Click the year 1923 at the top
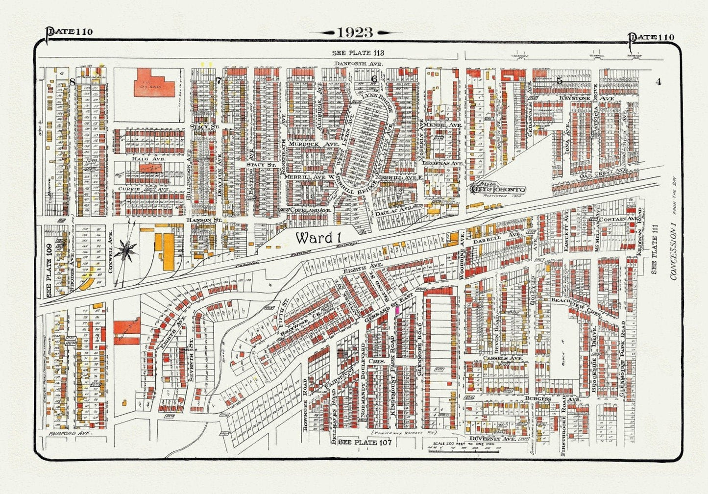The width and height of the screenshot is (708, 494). click(x=355, y=33)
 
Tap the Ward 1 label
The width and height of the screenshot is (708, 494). click(x=317, y=238)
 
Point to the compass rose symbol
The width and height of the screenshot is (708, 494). click(x=127, y=250)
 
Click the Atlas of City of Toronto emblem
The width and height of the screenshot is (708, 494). click(x=497, y=189)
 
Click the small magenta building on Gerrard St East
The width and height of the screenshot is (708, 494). click(x=398, y=310)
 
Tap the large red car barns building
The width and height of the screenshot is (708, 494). click(x=154, y=83)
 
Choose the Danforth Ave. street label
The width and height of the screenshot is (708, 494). click(x=358, y=64)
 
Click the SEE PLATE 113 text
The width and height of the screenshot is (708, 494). click(x=358, y=53)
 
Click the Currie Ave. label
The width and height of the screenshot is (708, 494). click(x=129, y=189)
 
